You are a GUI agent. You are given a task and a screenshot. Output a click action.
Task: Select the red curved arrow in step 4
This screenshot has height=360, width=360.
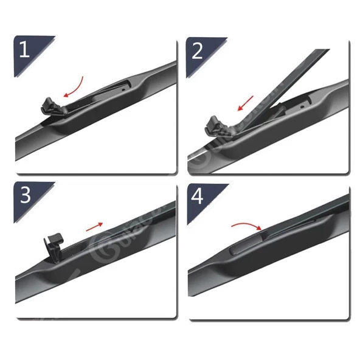247,226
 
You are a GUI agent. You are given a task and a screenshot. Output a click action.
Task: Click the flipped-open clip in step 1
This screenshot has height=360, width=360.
51,105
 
